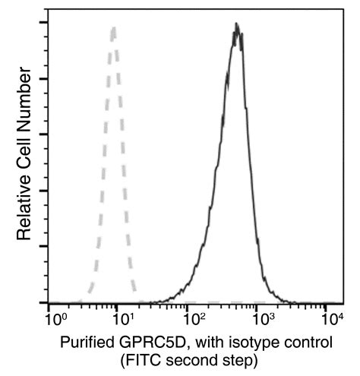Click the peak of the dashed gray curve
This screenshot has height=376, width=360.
(x=113, y=28)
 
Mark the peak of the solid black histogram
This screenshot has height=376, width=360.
(x=237, y=24)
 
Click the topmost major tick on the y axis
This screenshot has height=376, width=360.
(x=49, y=22)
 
